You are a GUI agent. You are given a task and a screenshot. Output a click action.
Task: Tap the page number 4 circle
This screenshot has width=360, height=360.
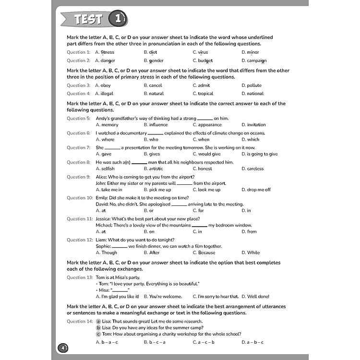63,347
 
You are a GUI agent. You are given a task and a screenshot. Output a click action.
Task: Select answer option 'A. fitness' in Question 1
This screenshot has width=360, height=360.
105,52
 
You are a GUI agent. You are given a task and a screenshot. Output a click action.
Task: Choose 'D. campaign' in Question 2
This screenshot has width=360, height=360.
254,61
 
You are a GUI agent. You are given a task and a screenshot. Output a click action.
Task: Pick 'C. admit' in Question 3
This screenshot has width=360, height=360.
201,85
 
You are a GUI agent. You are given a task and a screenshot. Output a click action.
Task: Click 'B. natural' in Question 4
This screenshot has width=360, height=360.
154,94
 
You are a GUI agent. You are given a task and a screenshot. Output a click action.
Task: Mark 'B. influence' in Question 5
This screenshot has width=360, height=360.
156,125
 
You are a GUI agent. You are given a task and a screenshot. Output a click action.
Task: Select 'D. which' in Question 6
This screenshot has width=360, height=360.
250,140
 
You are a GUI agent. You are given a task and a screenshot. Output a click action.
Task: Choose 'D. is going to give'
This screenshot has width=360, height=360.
259,154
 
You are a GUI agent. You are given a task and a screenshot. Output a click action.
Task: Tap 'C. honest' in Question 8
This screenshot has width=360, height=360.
202,169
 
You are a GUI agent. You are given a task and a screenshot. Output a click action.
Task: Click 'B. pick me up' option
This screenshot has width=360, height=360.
157,190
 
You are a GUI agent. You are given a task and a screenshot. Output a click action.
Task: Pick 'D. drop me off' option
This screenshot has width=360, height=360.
256,190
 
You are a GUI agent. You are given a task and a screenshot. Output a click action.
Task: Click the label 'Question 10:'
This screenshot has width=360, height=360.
80,198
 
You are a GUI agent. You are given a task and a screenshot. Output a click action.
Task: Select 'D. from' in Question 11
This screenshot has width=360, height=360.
249,231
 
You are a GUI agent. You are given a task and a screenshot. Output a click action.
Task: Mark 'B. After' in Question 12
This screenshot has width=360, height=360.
152,252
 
